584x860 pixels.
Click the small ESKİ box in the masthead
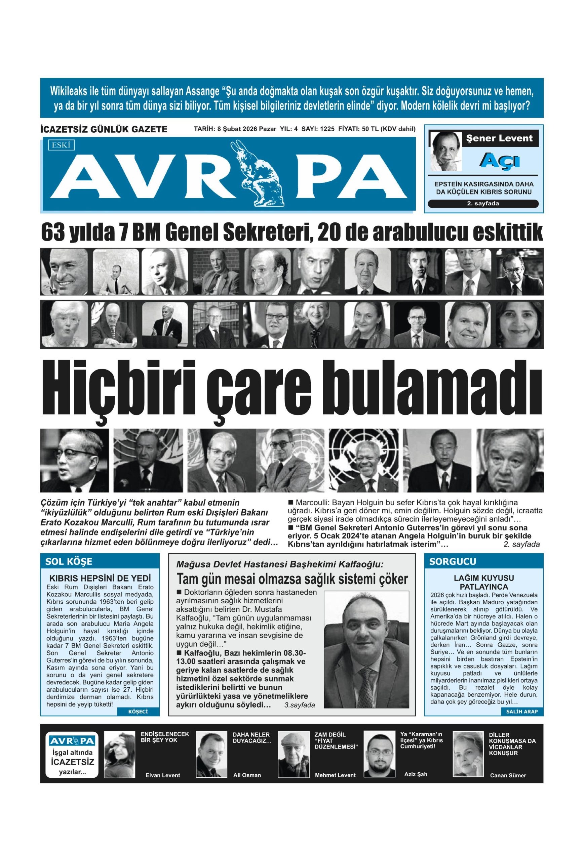tap(61, 145)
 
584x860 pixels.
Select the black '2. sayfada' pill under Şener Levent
tap(482, 204)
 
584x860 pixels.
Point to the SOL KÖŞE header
tap(69, 561)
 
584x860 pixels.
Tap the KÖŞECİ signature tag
tap(138, 712)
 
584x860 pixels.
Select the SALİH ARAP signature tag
tap(521, 712)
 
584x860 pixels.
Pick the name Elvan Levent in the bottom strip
tap(163, 775)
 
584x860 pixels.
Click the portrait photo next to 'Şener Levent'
tap(445, 152)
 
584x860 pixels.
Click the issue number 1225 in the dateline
tap(327, 129)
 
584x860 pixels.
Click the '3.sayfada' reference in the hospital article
tap(299, 705)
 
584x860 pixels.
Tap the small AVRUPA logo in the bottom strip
tap(72, 740)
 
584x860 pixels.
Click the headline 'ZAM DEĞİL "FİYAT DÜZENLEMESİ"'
tap(336, 741)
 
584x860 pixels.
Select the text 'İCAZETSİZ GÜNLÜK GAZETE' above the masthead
tap(103, 129)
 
